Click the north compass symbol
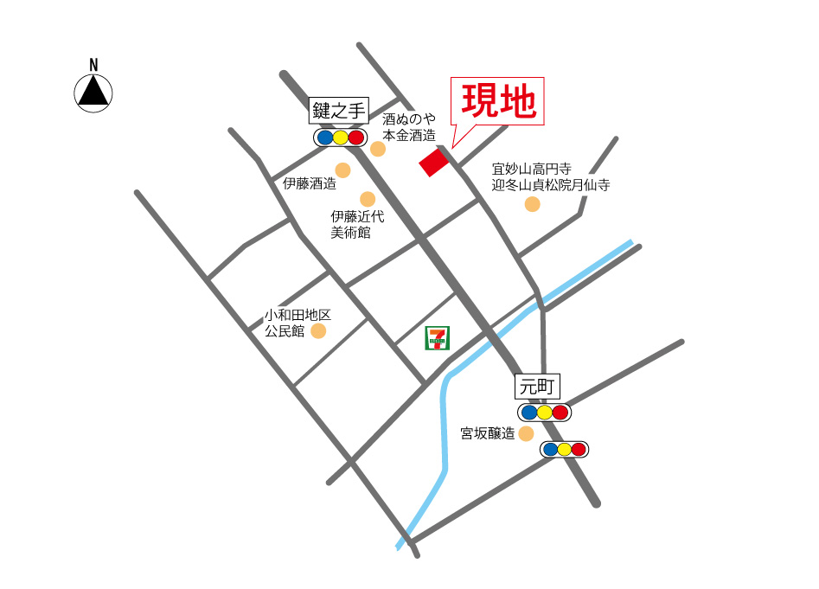pos(93,91)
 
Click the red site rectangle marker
pos(434,162)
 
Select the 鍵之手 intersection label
pos(340,111)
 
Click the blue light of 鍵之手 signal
pos(324,138)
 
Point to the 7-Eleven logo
pos(437,338)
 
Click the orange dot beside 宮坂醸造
pos(526,433)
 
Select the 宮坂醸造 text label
pos(487,433)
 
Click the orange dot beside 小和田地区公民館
pos(318,330)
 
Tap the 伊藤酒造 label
pos(309,183)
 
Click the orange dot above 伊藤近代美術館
pos(368,199)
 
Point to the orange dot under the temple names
pos(532,204)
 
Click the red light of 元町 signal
pos(560,413)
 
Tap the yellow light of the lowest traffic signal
pos(564,449)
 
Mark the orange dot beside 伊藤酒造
pos(343,170)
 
